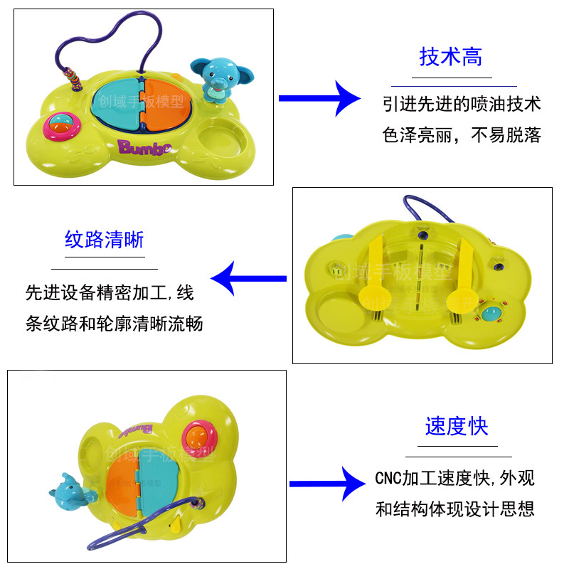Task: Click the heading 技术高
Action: tap(451, 58)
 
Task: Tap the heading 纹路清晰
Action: tap(104, 240)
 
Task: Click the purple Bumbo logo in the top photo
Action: tap(145, 147)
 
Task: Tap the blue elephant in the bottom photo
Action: tap(67, 489)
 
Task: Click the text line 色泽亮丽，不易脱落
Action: tap(462, 135)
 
